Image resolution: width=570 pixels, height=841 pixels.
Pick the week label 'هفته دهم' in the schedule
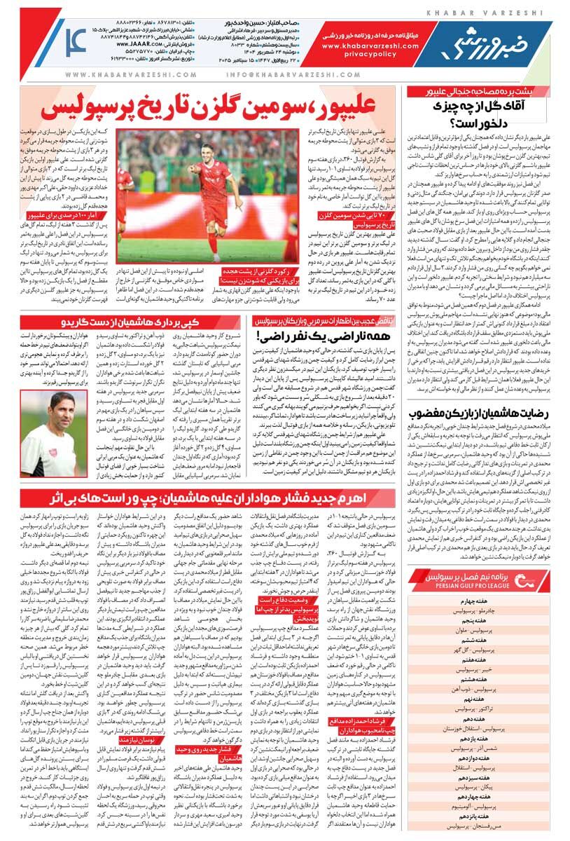click(x=484, y=719)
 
